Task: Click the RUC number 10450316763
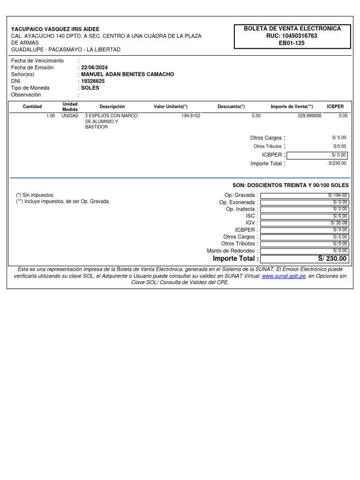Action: click(x=299, y=36)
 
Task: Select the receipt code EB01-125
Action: click(x=292, y=43)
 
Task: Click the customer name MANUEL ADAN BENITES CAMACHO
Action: click(x=127, y=74)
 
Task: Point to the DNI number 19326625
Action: click(x=93, y=81)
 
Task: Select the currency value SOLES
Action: click(x=90, y=88)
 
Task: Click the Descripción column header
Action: click(x=112, y=106)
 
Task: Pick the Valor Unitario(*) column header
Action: click(x=171, y=106)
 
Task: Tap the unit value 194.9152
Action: click(x=191, y=115)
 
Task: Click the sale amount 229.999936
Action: click(x=309, y=115)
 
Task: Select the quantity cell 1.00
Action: click(x=51, y=115)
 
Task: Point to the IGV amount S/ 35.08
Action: click(x=339, y=223)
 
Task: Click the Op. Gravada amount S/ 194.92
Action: click(x=337, y=195)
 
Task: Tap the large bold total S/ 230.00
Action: click(x=332, y=258)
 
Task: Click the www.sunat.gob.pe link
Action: click(x=284, y=276)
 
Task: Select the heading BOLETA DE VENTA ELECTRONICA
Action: click(x=292, y=29)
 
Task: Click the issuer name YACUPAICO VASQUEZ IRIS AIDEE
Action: click(x=55, y=29)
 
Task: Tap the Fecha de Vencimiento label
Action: click(x=37, y=61)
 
